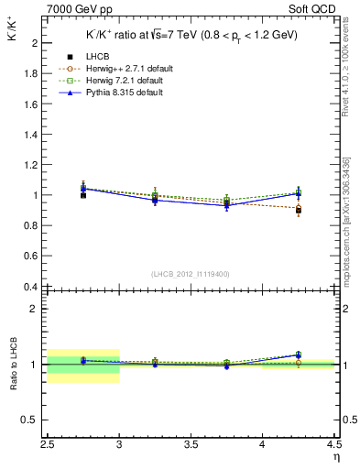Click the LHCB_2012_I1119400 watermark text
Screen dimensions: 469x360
tap(191, 274)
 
